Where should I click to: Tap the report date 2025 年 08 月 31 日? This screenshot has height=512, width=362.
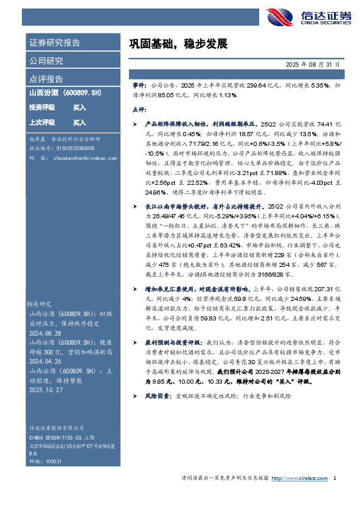click(312, 64)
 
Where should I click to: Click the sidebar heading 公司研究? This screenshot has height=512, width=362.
click(46, 61)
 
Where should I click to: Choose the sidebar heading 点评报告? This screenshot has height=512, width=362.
click(46, 79)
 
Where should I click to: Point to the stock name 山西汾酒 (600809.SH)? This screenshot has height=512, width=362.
click(65, 94)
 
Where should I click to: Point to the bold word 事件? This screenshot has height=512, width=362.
click(139, 86)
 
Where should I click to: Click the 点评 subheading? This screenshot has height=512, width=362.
click(139, 110)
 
